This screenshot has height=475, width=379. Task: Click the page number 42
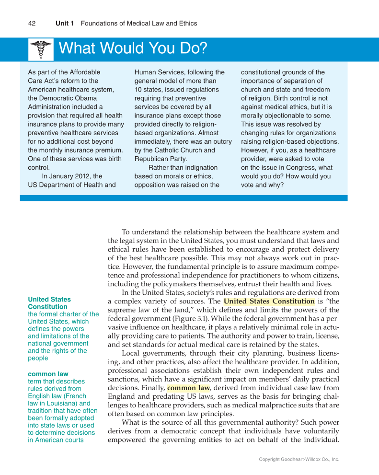[32, 23]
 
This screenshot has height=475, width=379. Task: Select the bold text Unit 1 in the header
[64, 23]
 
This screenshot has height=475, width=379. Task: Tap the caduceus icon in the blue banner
[41, 49]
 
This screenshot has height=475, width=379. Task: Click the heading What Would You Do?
[133, 49]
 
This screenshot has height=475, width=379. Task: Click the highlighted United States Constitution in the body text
[269, 301]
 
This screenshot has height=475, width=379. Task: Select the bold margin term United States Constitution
[49, 303]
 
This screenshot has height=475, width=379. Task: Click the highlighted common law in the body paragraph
[188, 388]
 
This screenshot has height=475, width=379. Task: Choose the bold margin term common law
[48, 374]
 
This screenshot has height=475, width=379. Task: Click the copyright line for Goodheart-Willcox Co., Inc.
[299, 459]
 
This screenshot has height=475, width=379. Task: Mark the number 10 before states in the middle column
[138, 90]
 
